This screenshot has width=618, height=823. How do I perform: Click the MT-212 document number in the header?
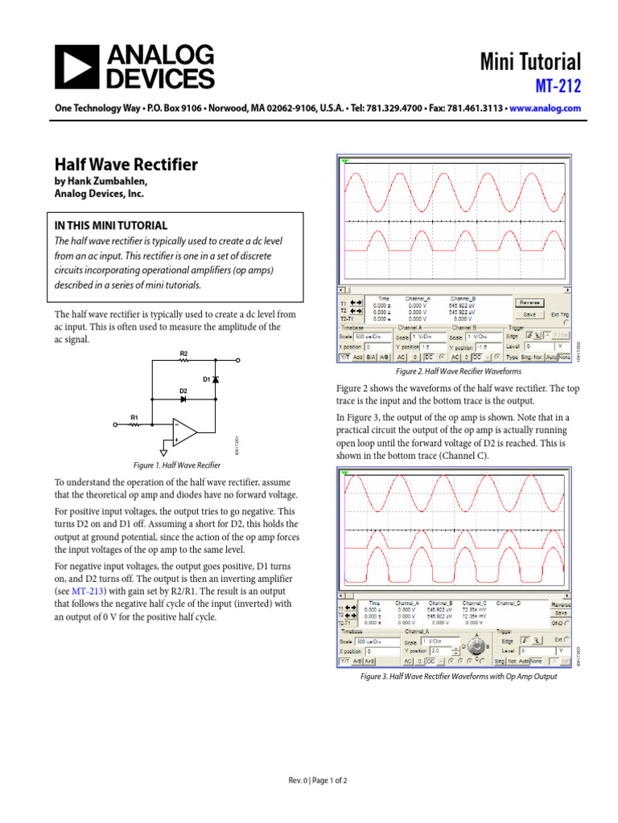[558, 84]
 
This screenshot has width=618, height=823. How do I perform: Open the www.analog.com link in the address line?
[545, 108]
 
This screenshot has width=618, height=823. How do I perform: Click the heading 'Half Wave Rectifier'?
[126, 165]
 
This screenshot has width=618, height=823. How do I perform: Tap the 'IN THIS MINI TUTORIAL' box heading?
[111, 226]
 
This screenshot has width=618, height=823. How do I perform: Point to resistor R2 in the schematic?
[183, 361]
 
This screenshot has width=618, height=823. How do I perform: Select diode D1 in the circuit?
[216, 378]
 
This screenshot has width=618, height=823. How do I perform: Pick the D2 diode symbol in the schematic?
[183, 399]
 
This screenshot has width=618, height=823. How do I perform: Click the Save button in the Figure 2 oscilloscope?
[529, 314]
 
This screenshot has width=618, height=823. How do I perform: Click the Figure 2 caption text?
[459, 372]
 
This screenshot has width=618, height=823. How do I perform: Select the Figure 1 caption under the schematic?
[176, 465]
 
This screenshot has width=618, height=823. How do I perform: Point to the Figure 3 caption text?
[459, 677]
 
